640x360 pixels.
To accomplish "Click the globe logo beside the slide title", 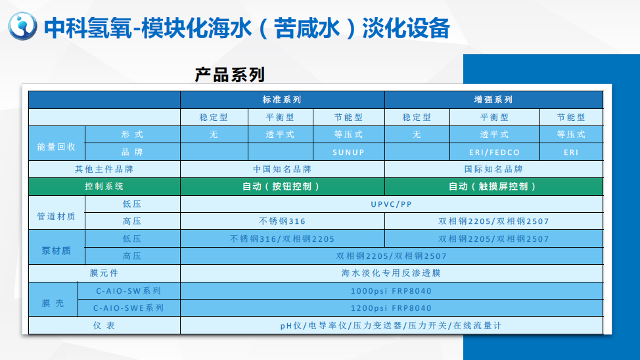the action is (x=22, y=26).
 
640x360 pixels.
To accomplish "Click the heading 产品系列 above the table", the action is (x=230, y=75).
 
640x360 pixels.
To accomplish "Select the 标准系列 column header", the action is (x=282, y=100).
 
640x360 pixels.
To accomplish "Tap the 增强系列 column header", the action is (x=493, y=100).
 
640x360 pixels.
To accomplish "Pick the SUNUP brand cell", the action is (x=348, y=152).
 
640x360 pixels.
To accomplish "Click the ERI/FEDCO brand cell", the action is (x=494, y=152).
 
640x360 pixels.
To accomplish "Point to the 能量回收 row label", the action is (x=57, y=147).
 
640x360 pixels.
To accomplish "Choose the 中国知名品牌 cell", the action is (x=282, y=169).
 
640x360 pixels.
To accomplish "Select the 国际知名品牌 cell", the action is (x=493, y=169).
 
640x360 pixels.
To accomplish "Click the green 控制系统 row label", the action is (x=104, y=187).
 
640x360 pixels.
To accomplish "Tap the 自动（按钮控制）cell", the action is (x=282, y=187).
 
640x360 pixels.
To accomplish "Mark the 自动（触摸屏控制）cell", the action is (x=493, y=187).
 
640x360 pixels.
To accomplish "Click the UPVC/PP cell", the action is (x=392, y=204).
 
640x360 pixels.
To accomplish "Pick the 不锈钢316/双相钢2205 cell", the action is (x=282, y=238).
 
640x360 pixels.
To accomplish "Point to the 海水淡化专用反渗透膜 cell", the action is (x=392, y=273).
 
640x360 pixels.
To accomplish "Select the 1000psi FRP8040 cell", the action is (x=392, y=291).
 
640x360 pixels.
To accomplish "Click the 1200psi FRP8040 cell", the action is (x=392, y=308).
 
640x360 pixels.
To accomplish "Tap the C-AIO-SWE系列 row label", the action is (x=129, y=308).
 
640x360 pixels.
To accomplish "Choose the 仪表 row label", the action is (x=104, y=325).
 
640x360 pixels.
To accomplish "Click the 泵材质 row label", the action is (x=57, y=250).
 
